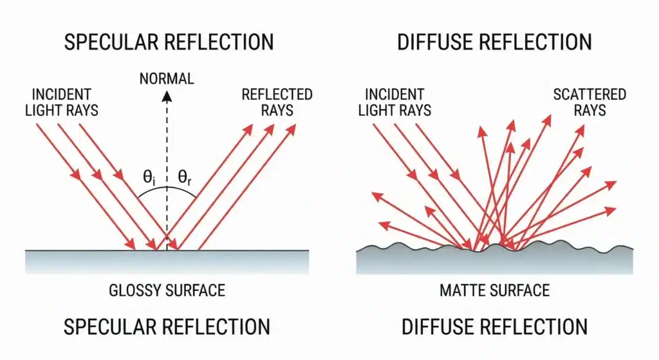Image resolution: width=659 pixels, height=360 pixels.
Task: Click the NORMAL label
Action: tap(167, 79)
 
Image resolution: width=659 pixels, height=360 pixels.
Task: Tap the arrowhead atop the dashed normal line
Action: tap(167, 96)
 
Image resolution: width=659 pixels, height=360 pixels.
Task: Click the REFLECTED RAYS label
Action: tap(277, 102)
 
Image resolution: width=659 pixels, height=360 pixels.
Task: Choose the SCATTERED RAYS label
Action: tap(589, 102)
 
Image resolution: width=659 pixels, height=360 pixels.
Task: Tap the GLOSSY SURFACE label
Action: tap(167, 290)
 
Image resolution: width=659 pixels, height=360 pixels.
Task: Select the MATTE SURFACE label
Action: tap(494, 290)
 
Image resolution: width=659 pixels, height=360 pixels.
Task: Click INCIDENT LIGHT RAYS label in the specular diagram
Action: tap(62, 102)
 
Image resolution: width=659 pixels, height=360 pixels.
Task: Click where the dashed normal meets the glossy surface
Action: tap(167, 250)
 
